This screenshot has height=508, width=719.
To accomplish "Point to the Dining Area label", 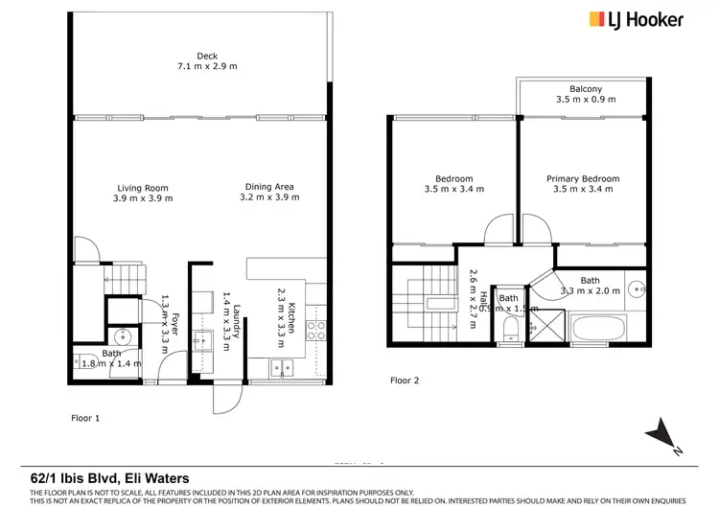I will click(x=269, y=187).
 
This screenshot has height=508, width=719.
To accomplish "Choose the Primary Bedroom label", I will click(x=583, y=178).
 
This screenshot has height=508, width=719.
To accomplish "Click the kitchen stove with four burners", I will click(x=315, y=331).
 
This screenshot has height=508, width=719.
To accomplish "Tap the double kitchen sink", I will click(x=284, y=366).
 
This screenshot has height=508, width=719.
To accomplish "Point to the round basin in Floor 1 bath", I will click(x=123, y=336).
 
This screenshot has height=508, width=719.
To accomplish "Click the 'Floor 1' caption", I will click(x=85, y=419).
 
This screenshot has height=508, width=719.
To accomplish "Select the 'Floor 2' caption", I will click(x=404, y=381).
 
